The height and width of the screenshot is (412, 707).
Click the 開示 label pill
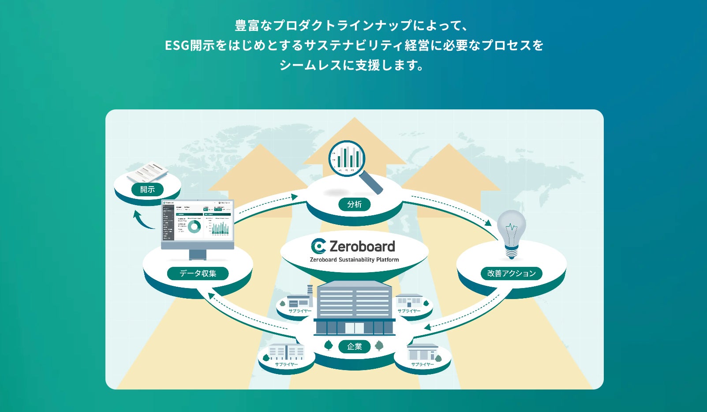147,190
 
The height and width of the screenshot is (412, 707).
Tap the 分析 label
354,204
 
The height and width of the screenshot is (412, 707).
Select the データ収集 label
198,273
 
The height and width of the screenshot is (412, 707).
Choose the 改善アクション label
511,273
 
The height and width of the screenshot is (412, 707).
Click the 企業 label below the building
354,346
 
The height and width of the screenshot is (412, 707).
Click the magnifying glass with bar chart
348,159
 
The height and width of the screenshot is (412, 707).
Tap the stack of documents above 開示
148,172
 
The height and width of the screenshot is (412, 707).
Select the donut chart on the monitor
194,227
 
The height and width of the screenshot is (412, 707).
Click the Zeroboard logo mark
318,246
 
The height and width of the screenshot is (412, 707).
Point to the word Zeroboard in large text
362,246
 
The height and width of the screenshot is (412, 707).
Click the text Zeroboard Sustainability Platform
354,260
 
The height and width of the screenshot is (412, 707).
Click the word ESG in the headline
177,45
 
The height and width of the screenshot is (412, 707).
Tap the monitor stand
198,255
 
